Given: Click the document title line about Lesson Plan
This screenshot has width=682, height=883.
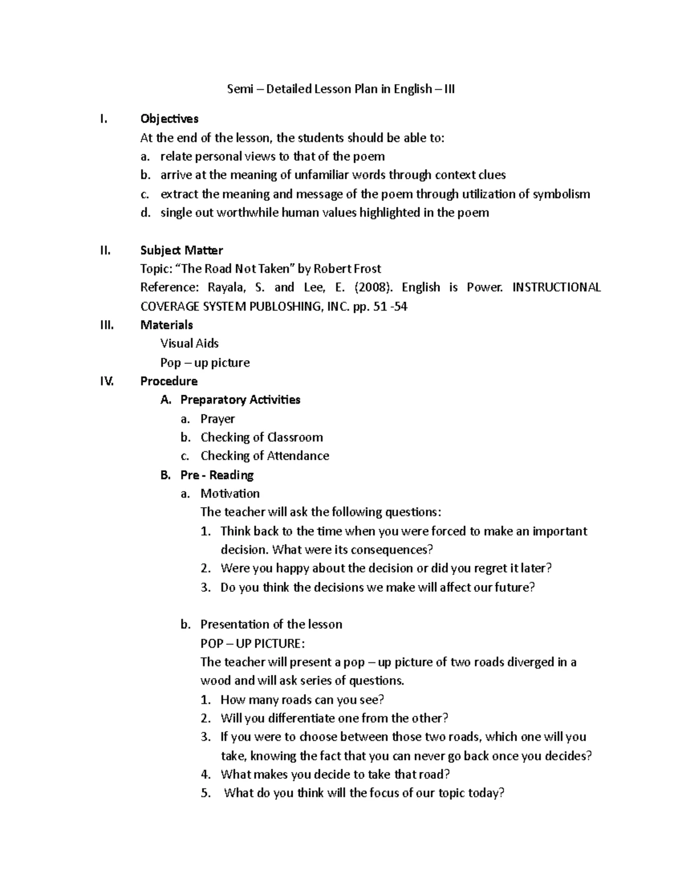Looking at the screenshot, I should [x=340, y=89].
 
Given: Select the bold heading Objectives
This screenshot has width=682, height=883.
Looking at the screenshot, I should [x=169, y=119].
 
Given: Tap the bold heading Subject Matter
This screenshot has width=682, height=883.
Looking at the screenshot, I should [x=181, y=250].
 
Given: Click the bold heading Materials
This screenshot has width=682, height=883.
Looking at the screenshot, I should [x=167, y=325].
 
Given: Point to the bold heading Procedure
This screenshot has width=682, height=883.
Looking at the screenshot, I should [x=169, y=381].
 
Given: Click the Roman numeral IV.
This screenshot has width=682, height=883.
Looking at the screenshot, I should [x=107, y=381].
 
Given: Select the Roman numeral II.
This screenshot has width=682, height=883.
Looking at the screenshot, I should [x=105, y=250].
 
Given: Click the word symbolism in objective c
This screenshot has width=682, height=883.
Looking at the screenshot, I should [x=561, y=194].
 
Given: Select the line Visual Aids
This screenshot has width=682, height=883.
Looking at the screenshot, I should [x=189, y=343].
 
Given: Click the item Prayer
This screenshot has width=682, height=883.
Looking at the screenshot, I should [x=217, y=419].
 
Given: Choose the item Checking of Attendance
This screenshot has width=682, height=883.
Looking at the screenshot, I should [x=264, y=456].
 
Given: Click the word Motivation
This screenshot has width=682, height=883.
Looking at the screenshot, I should [x=230, y=494].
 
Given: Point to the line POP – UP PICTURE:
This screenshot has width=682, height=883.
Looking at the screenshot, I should [x=252, y=644].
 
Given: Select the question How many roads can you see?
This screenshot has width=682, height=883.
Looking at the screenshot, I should [x=302, y=699].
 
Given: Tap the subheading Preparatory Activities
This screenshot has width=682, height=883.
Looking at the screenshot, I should [x=240, y=400].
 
